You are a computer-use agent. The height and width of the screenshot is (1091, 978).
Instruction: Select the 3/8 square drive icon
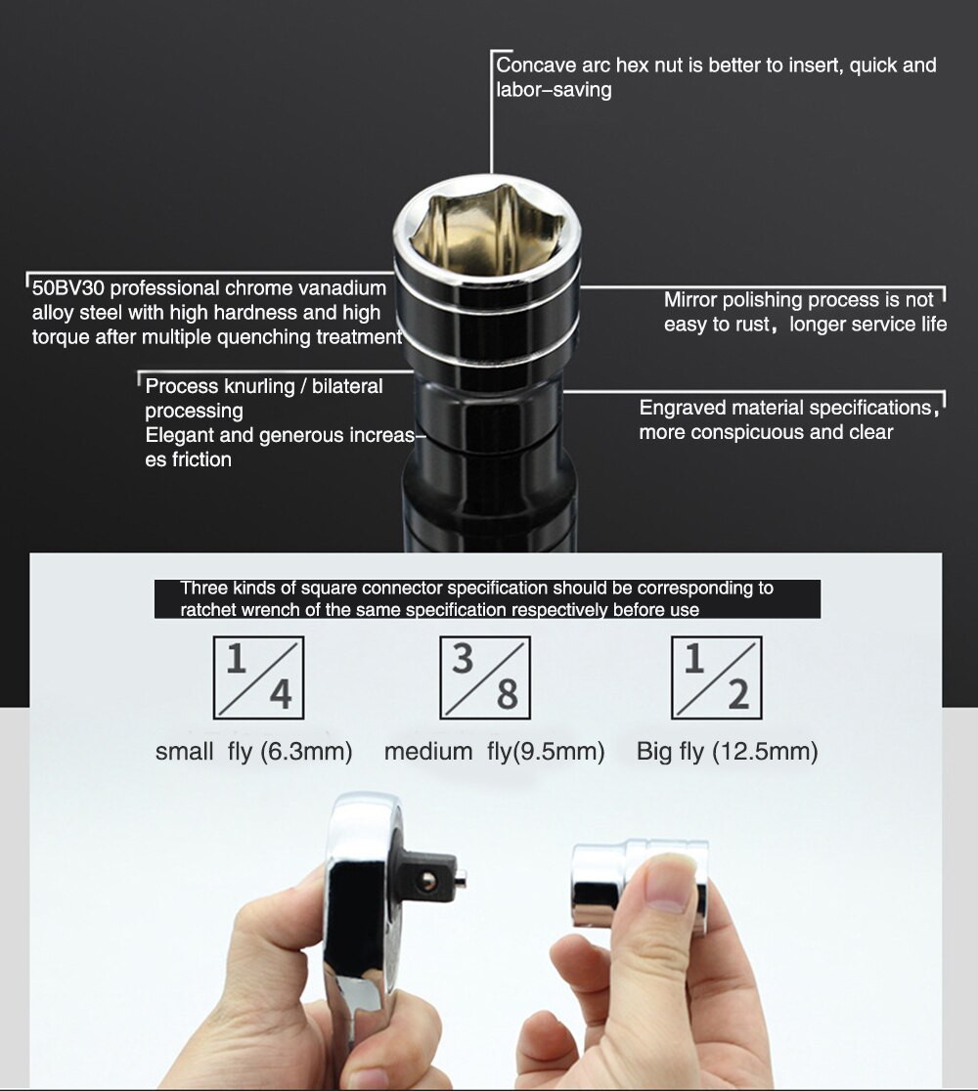[485, 677]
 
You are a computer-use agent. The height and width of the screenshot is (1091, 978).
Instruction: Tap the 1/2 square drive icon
[716, 677]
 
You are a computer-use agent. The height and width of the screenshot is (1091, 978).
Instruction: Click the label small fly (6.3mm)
[253, 752]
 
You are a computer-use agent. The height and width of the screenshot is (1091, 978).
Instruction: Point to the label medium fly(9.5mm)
[494, 752]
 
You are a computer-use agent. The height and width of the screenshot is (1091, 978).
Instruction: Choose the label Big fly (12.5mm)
[727, 752]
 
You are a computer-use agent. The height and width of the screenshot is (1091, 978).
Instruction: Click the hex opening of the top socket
[486, 228]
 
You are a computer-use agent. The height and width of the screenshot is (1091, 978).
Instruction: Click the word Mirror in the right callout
[691, 299]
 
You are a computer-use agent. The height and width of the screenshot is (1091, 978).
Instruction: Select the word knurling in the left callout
[255, 386]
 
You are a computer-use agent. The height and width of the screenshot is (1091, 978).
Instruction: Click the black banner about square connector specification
[487, 598]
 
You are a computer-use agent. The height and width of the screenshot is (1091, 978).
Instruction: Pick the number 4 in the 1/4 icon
[280, 694]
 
